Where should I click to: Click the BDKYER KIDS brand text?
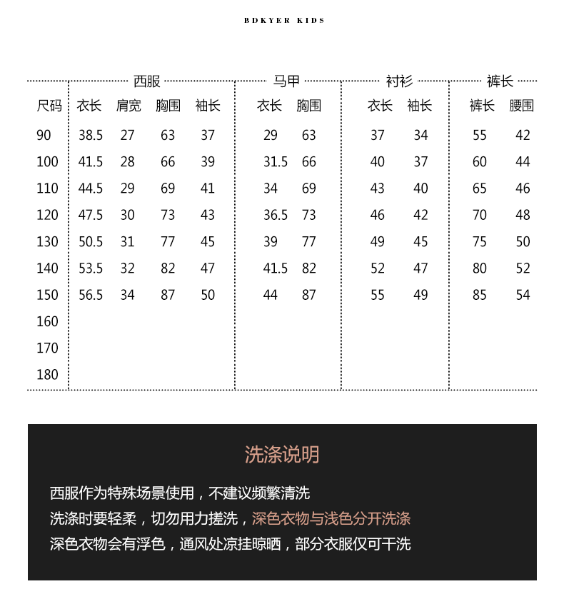click(284, 21)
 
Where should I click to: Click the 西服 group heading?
click(147, 81)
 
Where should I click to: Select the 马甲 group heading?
click(287, 81)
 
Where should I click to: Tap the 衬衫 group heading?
click(399, 81)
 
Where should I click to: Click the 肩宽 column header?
click(129, 106)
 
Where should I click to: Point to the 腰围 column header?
click(522, 106)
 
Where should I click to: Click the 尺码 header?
click(49, 106)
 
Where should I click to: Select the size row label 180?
click(47, 375)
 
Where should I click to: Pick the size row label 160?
click(47, 322)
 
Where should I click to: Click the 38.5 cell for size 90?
click(91, 136)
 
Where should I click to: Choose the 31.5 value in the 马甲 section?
click(276, 162)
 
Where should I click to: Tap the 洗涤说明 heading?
click(282, 455)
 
